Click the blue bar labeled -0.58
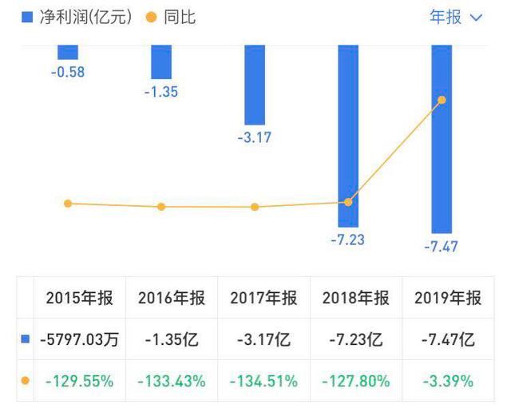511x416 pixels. pos(68,52)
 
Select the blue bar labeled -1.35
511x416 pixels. pos(161,61)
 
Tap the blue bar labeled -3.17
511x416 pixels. pos(255,85)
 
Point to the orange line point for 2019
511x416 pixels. pos(442,100)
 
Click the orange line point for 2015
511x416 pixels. pos(68,204)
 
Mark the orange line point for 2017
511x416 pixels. pos(255,207)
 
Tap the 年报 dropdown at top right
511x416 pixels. pos(456,17)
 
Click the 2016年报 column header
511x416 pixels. pos(172,299)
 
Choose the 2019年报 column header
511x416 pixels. pos(448,299)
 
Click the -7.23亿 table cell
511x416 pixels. pos(356,340)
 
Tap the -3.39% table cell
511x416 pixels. pos(448,381)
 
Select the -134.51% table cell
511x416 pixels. pos(263,381)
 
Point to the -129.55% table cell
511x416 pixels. pos(80,381)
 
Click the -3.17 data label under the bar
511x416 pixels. pos(255,137)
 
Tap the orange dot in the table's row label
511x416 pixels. pos(25,381)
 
